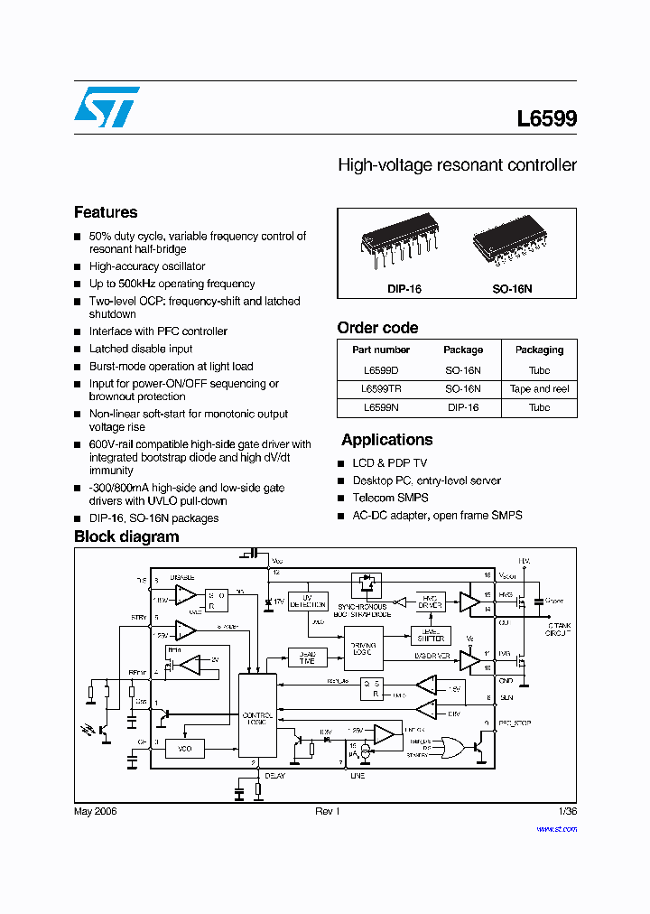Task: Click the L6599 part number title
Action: pos(546,119)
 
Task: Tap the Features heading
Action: pos(106,212)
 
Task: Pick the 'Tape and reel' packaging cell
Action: pos(539,388)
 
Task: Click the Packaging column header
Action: pos(539,350)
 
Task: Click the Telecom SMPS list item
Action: pos(390,498)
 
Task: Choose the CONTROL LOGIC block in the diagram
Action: pos(256,718)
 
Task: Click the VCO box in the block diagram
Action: pos(184,748)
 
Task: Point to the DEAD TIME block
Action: pos(307,658)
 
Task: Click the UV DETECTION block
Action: pos(307,600)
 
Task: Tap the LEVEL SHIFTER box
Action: pos(431,635)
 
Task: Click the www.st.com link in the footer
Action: pos(556,828)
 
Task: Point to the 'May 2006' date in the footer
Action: pos(95,811)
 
